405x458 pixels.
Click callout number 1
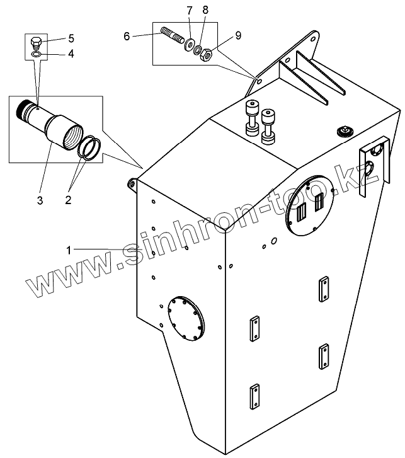coord(68,250)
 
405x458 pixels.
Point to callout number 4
coord(71,54)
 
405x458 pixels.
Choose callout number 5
coord(71,38)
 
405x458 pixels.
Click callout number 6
coord(127,37)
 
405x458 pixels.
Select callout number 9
coord(237,37)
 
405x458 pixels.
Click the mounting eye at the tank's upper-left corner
coord(132,183)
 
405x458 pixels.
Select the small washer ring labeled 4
coord(37,55)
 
